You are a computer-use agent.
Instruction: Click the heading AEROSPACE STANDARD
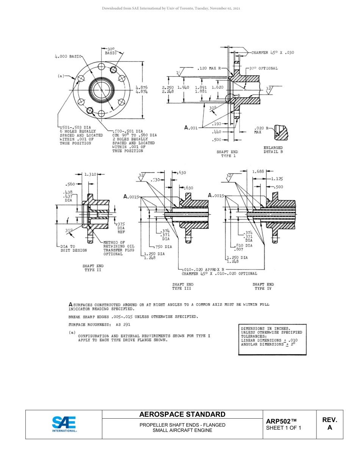pyautogui.click(x=182, y=414)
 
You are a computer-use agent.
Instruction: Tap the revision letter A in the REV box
pyautogui.click(x=329, y=428)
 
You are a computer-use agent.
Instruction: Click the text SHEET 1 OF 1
pyautogui.click(x=283, y=428)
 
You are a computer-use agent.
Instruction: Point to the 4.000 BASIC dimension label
pyautogui.click(x=69, y=56)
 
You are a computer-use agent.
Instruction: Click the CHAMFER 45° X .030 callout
pyautogui.click(x=272, y=53)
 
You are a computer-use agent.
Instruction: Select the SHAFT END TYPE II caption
pyautogui.click(x=93, y=268)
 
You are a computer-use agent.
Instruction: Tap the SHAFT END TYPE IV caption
pyautogui.click(x=263, y=286)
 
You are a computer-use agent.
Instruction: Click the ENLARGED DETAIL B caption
pyautogui.click(x=273, y=150)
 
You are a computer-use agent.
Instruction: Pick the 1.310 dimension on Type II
pyautogui.click(x=90, y=174)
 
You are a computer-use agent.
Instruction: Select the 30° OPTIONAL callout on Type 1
pyautogui.click(x=263, y=69)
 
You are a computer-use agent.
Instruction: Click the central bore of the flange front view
pyautogui.click(x=101, y=90)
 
